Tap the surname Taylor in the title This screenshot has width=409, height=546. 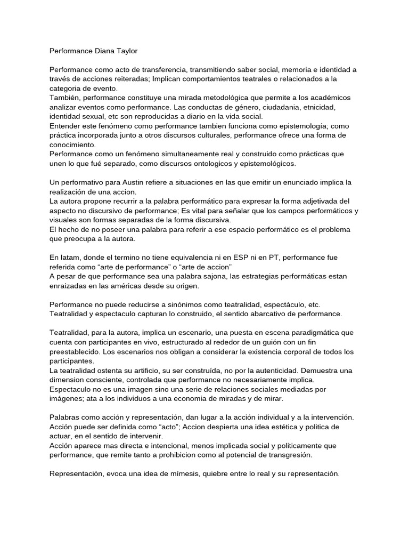tap(127, 52)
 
